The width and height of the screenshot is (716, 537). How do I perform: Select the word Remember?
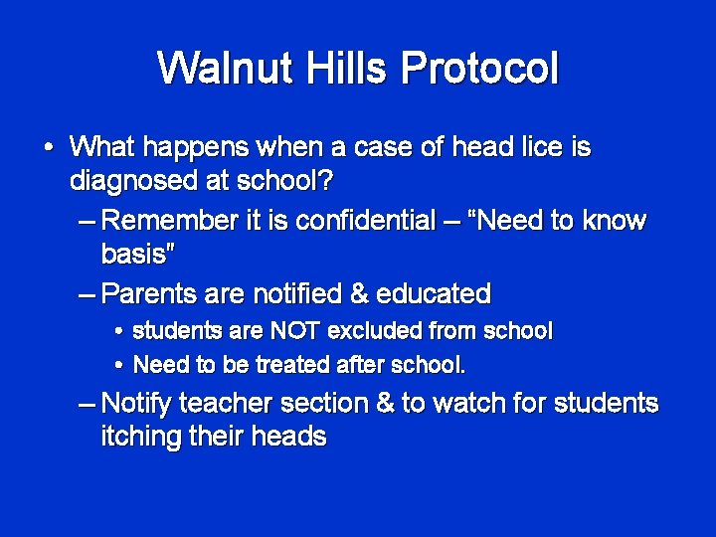[170, 221]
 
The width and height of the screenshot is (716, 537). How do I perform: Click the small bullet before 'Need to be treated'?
[118, 366]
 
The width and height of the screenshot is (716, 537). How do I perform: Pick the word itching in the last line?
[145, 437]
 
